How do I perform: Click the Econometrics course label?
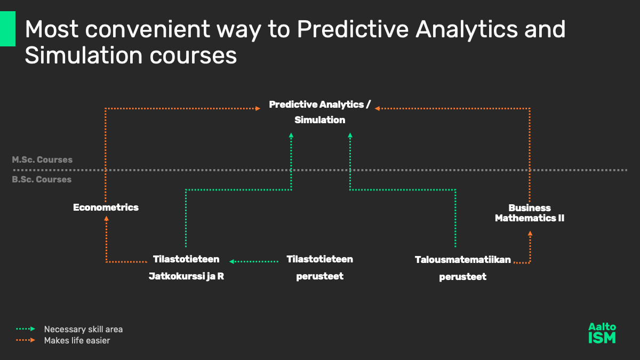(106, 207)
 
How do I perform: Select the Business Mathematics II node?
(530, 213)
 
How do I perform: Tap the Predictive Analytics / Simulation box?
(319, 112)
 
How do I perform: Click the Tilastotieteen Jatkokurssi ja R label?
(186, 268)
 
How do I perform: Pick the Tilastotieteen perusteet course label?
(319, 268)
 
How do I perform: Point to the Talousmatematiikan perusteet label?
(463, 268)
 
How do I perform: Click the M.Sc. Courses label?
(42, 159)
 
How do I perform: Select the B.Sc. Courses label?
(42, 179)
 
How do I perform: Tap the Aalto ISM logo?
(602, 333)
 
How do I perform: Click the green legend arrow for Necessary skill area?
(26, 329)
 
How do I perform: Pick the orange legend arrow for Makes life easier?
(26, 340)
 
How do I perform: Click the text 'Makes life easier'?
(77, 341)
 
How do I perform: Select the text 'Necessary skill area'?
(83, 330)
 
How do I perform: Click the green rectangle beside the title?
(7, 29)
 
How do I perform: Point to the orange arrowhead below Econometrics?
(106, 219)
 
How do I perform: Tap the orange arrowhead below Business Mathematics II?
(530, 234)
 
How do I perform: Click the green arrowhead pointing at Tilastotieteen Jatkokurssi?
(231, 261)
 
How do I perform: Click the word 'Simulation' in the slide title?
(83, 55)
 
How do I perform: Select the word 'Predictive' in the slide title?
(353, 29)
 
